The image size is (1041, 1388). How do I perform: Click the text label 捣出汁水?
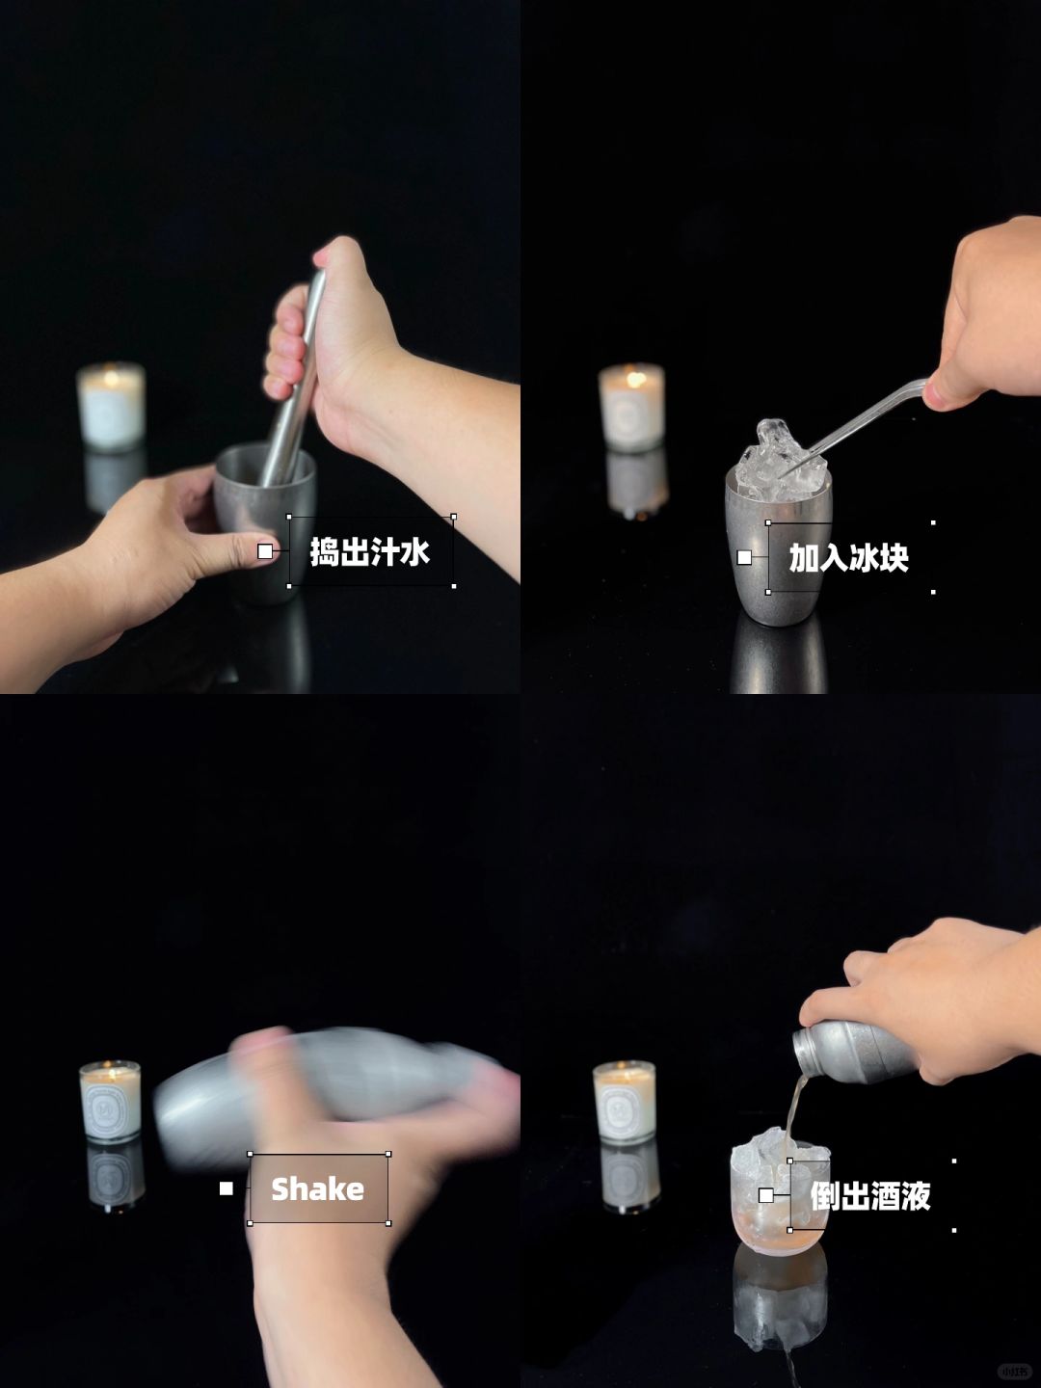pyautogui.click(x=370, y=551)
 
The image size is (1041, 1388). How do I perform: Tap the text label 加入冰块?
pyautogui.click(x=848, y=558)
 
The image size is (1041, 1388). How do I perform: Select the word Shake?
pyautogui.click(x=318, y=1189)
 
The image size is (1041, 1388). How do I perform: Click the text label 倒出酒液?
pyautogui.click(x=870, y=1196)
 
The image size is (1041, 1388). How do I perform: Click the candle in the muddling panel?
pyautogui.click(x=111, y=407)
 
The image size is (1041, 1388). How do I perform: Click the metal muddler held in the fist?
pyautogui.click(x=295, y=380)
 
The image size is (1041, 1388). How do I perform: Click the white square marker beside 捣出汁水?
pyautogui.click(x=265, y=551)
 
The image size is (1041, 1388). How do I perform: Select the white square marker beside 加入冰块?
pyautogui.click(x=744, y=558)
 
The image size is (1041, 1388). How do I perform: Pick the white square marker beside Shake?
pyautogui.click(x=227, y=1188)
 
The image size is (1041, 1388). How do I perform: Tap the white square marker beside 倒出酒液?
pyautogui.click(x=766, y=1196)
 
